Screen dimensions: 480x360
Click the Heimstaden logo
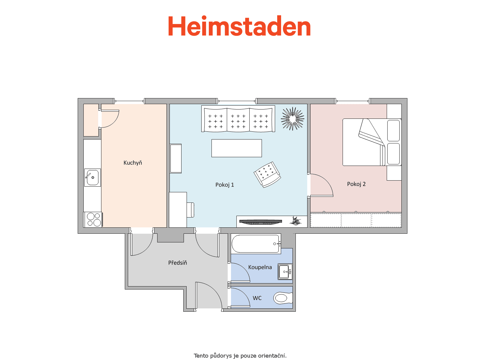pyautogui.click(x=239, y=26)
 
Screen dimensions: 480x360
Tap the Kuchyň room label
pyautogui.click(x=133, y=163)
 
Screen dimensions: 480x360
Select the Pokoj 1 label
pyautogui.click(x=225, y=185)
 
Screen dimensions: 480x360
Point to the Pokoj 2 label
pyautogui.click(x=356, y=184)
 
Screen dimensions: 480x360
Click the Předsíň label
pyautogui.click(x=177, y=262)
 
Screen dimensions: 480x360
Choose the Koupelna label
pyautogui.click(x=260, y=267)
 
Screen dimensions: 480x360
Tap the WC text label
pyautogui.click(x=257, y=298)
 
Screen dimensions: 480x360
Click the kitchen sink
pyautogui.click(x=92, y=178)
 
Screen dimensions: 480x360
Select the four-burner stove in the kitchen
pyautogui.click(x=93, y=220)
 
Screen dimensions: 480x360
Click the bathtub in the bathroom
pyautogui.click(x=256, y=244)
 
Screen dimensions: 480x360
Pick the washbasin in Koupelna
pyautogui.click(x=285, y=272)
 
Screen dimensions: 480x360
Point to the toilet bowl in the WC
pyautogui.click(x=283, y=298)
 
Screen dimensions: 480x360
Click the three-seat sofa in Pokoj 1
pyautogui.click(x=238, y=119)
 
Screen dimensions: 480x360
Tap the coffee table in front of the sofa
pyautogui.click(x=237, y=148)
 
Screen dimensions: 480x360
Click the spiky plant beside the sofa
pyautogui.click(x=292, y=119)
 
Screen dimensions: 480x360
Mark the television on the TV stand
pyautogui.click(x=261, y=222)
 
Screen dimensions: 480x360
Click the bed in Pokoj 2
pyautogui.click(x=372, y=142)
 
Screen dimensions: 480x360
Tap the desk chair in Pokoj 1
pyautogui.click(x=190, y=210)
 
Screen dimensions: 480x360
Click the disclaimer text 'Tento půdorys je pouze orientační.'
pyautogui.click(x=240, y=355)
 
